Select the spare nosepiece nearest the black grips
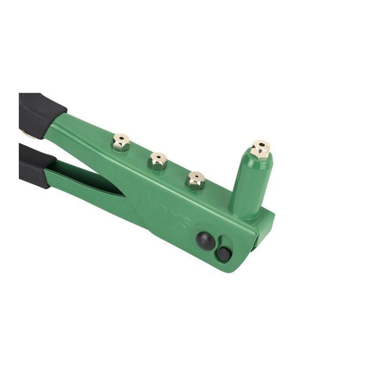click(x=121, y=143)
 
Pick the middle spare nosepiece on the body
click(x=158, y=160)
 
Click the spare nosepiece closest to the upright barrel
click(x=196, y=180)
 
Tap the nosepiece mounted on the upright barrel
click(x=261, y=149)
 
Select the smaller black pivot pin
click(x=223, y=254)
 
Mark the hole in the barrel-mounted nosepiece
click(x=261, y=144)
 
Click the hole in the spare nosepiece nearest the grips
click(x=121, y=139)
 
